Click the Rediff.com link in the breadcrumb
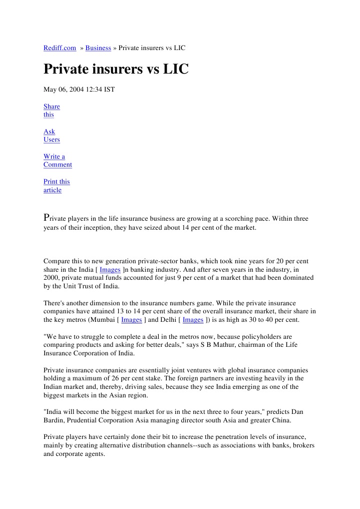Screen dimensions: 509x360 coord(60,48)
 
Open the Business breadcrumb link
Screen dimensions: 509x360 coord(98,48)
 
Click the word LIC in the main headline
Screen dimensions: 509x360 coord(176,69)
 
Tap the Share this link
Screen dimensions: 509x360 coord(51,111)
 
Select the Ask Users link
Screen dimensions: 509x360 coord(51,136)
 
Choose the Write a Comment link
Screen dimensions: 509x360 coord(57,161)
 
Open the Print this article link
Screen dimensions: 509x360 coord(56,186)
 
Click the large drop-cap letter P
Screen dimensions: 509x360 coord(47,218)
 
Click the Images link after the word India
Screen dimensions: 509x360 coord(110,269)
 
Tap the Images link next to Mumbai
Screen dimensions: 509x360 coord(132,319)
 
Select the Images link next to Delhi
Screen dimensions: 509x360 coord(193,319)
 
